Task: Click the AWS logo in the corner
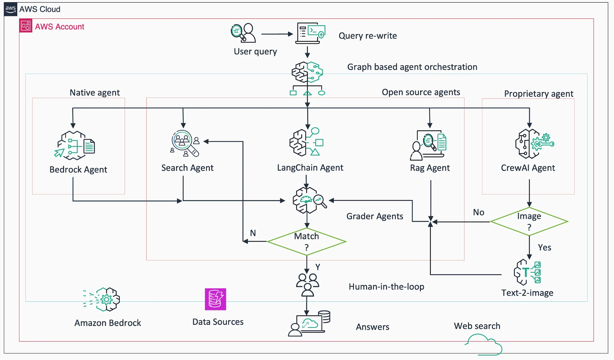pyautogui.click(x=10, y=9)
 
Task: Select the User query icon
pyautogui.click(x=243, y=33)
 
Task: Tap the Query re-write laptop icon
pyautogui.click(x=310, y=33)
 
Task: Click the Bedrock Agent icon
pyautogui.click(x=75, y=145)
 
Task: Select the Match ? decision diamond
pyautogui.click(x=307, y=242)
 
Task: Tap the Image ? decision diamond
pyautogui.click(x=529, y=221)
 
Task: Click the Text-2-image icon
pyautogui.click(x=527, y=272)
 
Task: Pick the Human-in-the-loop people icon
pyautogui.click(x=307, y=285)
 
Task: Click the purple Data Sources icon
pyautogui.click(x=216, y=299)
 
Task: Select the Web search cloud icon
pyautogui.click(x=484, y=345)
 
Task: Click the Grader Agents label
pyautogui.click(x=375, y=216)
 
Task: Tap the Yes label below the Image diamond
pyautogui.click(x=545, y=247)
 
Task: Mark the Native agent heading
pyautogui.click(x=95, y=93)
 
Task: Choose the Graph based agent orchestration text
pyautogui.click(x=412, y=67)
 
